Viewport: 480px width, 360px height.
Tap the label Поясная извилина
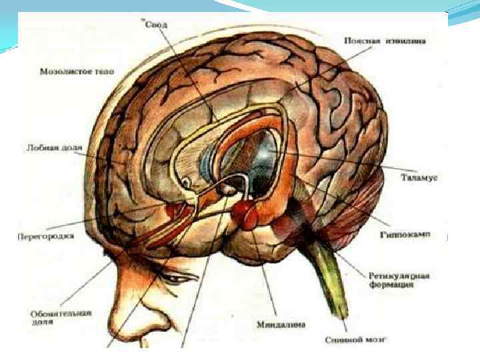pos(385,40)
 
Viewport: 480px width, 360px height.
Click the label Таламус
pos(419,177)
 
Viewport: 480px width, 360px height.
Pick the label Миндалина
pos(281,325)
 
